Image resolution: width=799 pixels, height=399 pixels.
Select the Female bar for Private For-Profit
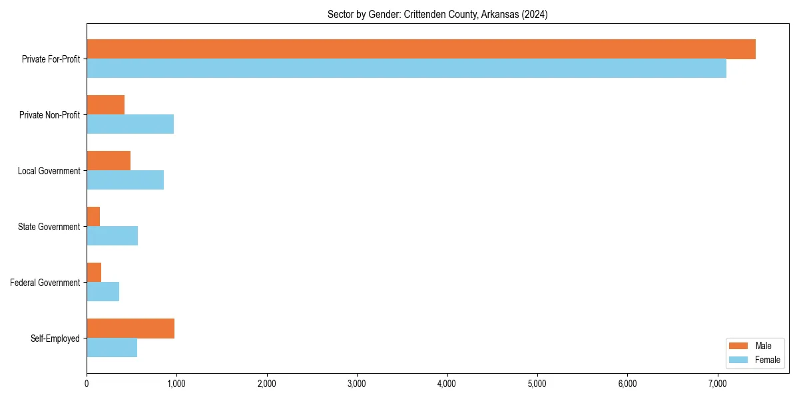(406, 68)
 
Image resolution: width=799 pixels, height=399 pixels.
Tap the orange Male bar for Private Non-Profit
(105, 105)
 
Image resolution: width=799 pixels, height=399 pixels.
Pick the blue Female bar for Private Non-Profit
(130, 124)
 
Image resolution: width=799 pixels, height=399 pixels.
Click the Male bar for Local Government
(109, 161)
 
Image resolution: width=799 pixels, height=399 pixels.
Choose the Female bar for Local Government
(125, 180)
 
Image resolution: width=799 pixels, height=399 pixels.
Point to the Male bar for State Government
(93, 217)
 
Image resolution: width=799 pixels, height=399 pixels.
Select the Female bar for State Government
(112, 236)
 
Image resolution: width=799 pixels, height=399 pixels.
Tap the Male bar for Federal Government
(94, 273)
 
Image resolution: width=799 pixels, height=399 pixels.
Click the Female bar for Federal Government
(103, 292)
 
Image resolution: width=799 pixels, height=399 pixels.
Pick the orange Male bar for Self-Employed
(131, 329)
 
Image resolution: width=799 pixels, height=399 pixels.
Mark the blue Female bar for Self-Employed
(112, 348)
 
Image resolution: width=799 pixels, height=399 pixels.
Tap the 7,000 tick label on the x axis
(717, 384)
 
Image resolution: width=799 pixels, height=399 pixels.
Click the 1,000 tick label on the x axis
(176, 384)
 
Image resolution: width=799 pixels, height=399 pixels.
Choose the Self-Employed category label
(55, 338)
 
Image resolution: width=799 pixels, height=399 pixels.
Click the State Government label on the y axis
(49, 227)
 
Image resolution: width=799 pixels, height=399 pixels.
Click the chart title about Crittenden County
(437, 15)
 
